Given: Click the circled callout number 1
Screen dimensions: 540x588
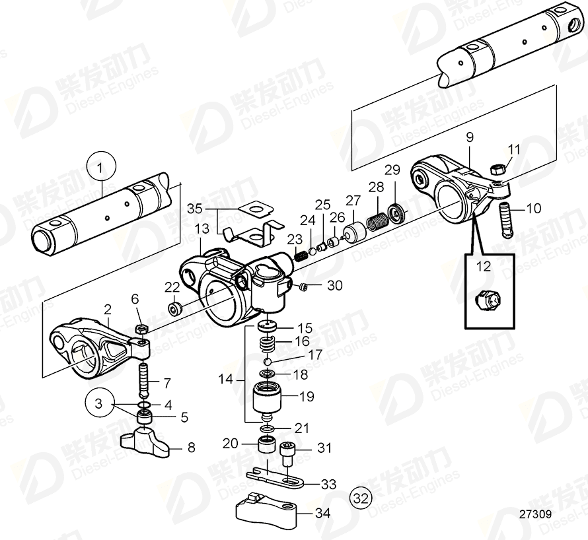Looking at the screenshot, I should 100,168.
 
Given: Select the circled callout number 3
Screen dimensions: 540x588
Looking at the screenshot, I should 98,403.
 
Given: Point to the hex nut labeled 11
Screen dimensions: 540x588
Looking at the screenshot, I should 497,170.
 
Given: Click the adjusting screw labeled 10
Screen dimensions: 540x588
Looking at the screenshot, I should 505,219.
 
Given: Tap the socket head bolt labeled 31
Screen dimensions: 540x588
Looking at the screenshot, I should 289,454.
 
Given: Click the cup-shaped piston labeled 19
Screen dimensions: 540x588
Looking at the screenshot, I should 268,399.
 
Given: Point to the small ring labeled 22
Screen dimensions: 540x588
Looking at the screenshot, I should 176,309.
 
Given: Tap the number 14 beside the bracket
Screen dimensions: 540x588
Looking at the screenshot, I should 226,380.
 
